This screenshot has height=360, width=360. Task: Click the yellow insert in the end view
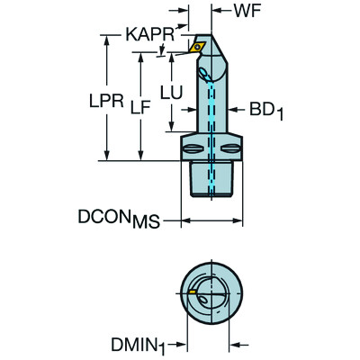[x=194, y=292]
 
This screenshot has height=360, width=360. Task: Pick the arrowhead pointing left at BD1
[x=236, y=110]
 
